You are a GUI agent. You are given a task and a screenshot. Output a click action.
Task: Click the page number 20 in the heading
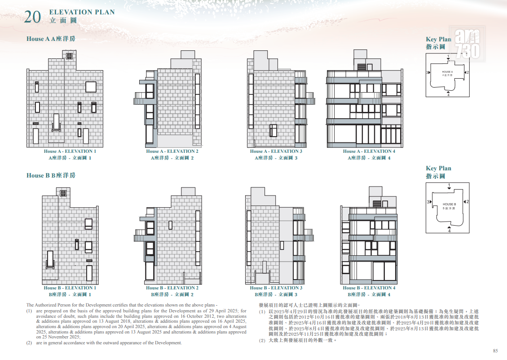click(33, 17)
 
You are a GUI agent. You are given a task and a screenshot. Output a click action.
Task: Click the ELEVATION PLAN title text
click(82, 12)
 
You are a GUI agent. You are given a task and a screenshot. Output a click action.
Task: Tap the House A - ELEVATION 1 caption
click(70, 151)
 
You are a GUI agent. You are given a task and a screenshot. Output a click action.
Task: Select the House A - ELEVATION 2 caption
click(172, 151)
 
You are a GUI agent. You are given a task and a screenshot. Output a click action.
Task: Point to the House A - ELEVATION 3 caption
click(276, 151)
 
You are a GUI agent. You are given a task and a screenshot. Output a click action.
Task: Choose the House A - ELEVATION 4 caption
click(369, 151)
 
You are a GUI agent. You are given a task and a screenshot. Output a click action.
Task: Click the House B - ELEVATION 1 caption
click(70, 288)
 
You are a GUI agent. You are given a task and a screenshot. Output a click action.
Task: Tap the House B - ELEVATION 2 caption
click(172, 288)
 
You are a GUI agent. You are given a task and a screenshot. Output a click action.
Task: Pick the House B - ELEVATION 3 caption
click(276, 288)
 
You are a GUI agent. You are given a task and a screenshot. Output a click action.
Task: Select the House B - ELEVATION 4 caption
click(369, 288)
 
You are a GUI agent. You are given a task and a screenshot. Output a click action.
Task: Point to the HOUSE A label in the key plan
click(448, 72)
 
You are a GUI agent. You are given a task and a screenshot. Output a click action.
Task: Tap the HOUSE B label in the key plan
click(449, 204)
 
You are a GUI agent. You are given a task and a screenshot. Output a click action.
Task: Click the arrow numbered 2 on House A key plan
click(466, 72)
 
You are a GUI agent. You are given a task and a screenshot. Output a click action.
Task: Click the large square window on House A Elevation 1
click(91, 87)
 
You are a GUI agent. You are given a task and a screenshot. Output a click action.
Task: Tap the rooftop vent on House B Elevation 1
click(63, 193)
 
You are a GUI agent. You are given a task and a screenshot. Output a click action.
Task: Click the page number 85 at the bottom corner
click(495, 351)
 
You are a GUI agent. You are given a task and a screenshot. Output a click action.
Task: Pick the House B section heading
click(51, 175)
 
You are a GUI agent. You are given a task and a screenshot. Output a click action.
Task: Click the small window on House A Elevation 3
click(273, 130)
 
